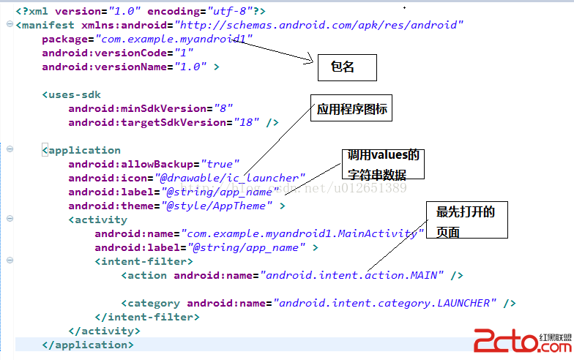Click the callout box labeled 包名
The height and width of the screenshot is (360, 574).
(x=346, y=67)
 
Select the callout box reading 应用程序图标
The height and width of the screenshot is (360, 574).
(x=351, y=110)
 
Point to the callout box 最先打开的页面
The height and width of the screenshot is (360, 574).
(x=467, y=222)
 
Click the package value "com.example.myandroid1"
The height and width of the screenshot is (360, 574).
(x=170, y=39)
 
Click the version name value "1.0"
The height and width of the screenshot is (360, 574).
(x=189, y=67)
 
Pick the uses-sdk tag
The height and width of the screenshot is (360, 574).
(x=72, y=94)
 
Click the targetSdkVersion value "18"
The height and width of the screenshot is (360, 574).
(x=247, y=122)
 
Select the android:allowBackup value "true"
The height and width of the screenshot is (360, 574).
(x=219, y=164)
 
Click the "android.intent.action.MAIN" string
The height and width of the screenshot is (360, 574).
(x=352, y=275)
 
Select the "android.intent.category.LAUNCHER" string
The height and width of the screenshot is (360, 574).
(x=385, y=303)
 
